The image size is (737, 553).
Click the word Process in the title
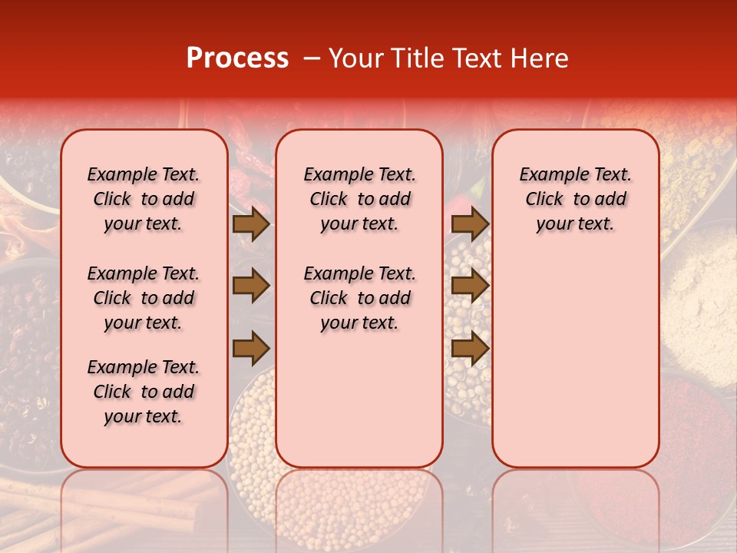(x=236, y=58)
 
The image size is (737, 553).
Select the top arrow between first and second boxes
(x=251, y=224)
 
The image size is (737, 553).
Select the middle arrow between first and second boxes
(x=251, y=286)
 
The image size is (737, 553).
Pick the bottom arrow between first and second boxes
(x=251, y=348)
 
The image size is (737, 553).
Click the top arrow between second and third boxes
(x=470, y=224)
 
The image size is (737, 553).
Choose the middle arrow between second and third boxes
(x=470, y=286)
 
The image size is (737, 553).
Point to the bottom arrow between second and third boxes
(x=470, y=348)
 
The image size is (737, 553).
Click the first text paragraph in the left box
(x=144, y=199)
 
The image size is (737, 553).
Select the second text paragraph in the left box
(x=144, y=298)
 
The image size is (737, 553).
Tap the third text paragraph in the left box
(x=144, y=392)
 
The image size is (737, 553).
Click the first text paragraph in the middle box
(x=359, y=199)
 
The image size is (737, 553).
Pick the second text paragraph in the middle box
(x=359, y=298)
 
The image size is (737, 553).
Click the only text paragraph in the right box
(x=575, y=199)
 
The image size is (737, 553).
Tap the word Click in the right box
(x=544, y=200)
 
